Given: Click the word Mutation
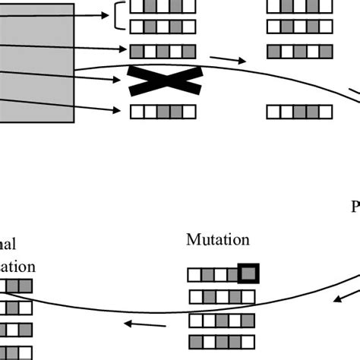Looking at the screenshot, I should click(x=218, y=240).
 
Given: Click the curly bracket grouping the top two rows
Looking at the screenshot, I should click(x=120, y=16).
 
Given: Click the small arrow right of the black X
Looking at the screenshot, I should click(x=228, y=59).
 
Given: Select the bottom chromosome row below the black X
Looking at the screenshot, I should click(x=163, y=112).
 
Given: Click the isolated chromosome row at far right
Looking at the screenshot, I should click(x=299, y=112).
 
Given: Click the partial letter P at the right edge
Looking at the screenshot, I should click(x=355, y=207).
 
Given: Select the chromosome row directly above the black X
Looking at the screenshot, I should click(x=163, y=52).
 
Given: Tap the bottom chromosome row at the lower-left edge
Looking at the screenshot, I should click(x=16, y=352).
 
